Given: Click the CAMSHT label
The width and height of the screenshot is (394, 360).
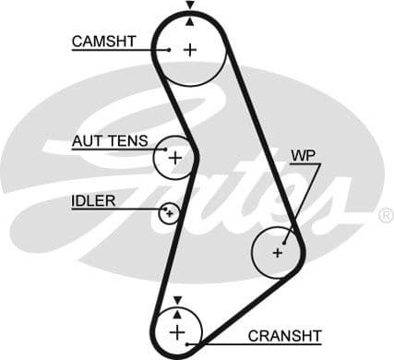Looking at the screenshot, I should pos(103,41).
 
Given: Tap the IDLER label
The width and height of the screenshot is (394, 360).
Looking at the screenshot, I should pos(93,200).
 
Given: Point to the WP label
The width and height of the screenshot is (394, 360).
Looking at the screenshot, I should pos(303,155).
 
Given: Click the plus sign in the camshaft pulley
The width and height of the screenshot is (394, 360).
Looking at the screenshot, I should pos(190,50).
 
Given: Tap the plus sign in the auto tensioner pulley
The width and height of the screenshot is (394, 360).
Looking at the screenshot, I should pos(175,157).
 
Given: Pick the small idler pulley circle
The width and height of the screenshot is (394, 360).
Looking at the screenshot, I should pos(168,214).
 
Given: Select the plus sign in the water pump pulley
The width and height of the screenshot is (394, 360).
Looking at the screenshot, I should pos(278,251).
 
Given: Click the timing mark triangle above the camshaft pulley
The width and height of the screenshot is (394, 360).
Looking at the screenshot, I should pos(190,6).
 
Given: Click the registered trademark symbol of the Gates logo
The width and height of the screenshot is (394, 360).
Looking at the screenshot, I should pos(386,215).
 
